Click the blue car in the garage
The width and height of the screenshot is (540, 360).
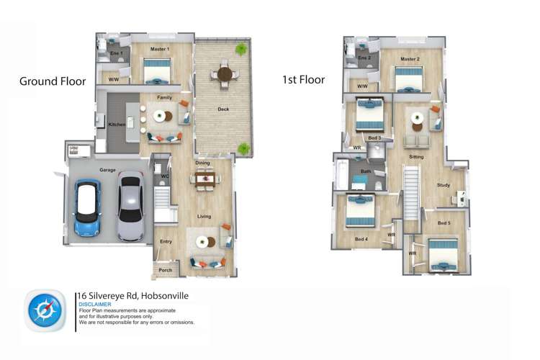click(87, 207)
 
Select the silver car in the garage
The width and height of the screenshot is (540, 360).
click(131, 206)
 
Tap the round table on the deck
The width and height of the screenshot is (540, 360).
click(225, 74)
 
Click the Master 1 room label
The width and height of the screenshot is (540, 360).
click(160, 49)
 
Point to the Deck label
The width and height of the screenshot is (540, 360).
click(223, 109)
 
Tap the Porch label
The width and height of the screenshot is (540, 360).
click(166, 270)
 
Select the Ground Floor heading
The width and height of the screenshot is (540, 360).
click(53, 81)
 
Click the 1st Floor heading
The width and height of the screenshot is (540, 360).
click(303, 80)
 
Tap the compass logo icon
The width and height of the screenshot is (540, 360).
click(45, 310)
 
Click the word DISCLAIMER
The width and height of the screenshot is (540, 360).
click(95, 305)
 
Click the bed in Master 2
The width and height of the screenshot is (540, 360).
click(408, 80)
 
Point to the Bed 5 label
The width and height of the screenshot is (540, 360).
click(444, 223)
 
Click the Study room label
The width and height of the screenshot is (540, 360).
click(444, 185)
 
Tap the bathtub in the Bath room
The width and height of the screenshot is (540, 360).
click(342, 174)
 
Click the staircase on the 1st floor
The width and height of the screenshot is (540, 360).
click(412, 192)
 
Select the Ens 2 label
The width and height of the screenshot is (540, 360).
click(364, 58)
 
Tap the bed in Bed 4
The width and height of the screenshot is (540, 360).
click(360, 211)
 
